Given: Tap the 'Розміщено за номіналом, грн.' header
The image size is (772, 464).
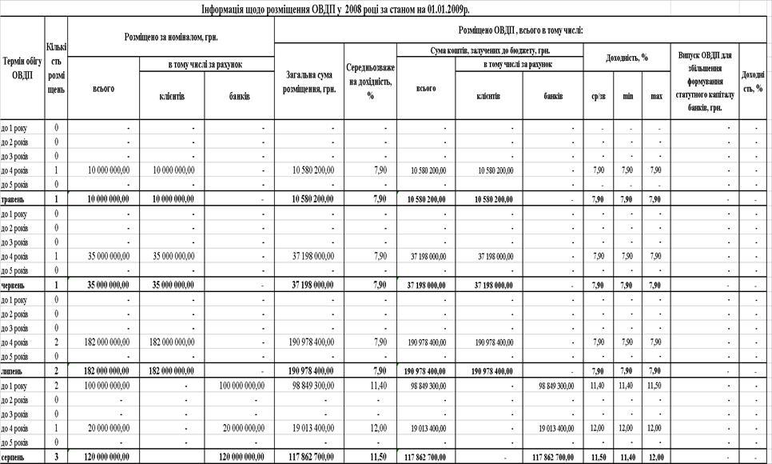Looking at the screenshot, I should tap(171, 36).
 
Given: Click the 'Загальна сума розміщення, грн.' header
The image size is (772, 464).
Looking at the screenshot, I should tap(308, 82).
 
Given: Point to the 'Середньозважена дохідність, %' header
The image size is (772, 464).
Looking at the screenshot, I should tap(370, 82).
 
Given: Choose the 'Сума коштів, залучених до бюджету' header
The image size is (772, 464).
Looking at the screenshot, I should tap(489, 50).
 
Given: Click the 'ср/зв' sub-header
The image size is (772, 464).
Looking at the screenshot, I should tap(598, 96).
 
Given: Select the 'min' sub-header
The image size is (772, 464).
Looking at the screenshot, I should tap(627, 96).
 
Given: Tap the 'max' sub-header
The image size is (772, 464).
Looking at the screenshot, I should tap(656, 96).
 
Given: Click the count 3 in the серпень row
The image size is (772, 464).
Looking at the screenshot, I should tap(56, 458).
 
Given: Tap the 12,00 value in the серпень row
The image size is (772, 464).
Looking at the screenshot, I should tap(656, 458).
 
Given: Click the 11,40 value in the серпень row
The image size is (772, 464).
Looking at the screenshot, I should tap(627, 458).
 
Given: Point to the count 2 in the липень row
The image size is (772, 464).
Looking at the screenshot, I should tap(56, 371).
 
